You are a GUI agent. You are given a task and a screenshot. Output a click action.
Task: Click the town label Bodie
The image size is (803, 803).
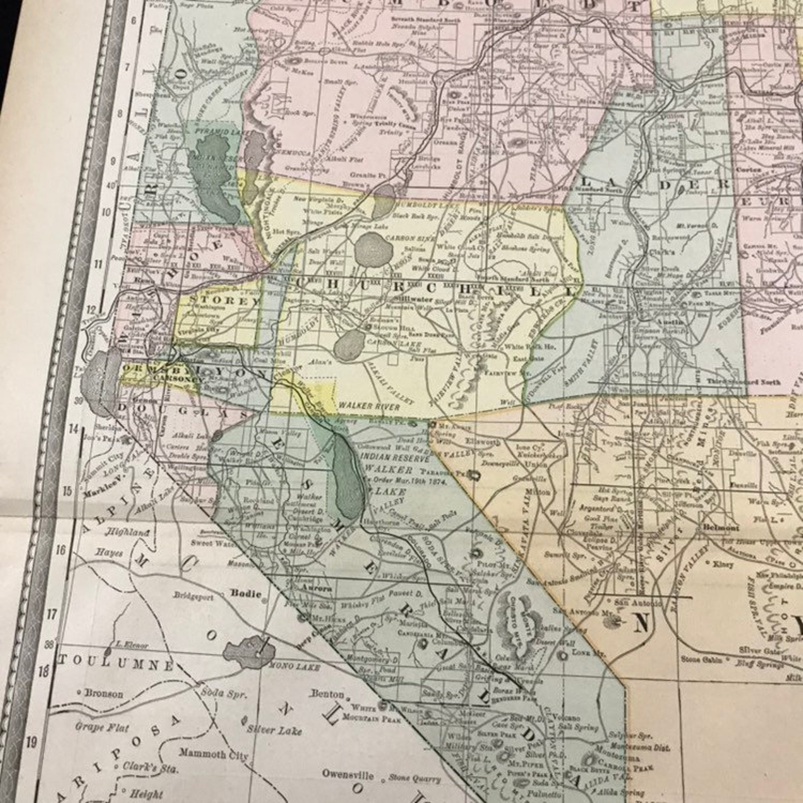pos(246,593)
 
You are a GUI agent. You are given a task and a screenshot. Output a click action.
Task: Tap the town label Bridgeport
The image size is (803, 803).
pos(194,597)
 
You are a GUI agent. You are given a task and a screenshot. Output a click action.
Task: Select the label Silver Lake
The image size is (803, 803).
pos(275,730)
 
